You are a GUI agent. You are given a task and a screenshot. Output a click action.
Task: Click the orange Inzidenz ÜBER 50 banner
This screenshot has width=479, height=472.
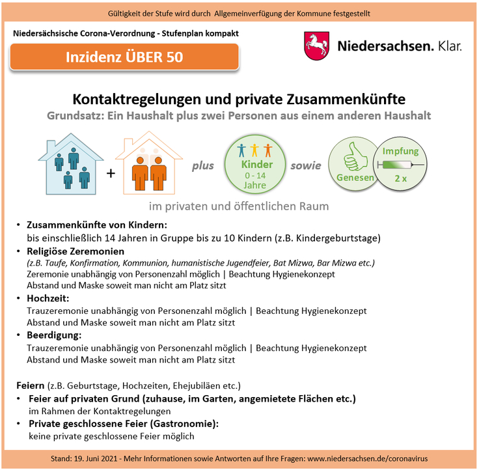pyautogui.click(x=124, y=57)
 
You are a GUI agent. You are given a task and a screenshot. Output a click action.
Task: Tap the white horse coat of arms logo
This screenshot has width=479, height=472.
pyautogui.click(x=317, y=46)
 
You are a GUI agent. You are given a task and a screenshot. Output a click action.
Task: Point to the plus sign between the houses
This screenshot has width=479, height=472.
pyautogui.click(x=110, y=173)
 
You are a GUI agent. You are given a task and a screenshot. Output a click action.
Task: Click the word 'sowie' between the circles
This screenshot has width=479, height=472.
pyautogui.click(x=305, y=165)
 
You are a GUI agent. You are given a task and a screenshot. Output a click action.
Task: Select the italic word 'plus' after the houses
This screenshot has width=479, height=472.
pyautogui.click(x=202, y=165)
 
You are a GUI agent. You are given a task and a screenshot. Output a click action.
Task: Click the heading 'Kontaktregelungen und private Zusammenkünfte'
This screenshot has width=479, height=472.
pyautogui.click(x=239, y=100)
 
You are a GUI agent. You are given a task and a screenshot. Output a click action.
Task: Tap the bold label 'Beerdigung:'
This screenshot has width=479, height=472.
pyautogui.click(x=53, y=335)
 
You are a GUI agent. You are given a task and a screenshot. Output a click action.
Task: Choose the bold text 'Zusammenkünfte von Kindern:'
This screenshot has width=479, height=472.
pyautogui.click(x=88, y=225)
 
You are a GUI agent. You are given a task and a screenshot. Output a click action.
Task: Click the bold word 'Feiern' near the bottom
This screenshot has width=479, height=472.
pyautogui.click(x=31, y=385)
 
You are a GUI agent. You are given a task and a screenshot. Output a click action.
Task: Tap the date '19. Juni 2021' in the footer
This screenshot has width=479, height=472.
pyautogui.click(x=101, y=460)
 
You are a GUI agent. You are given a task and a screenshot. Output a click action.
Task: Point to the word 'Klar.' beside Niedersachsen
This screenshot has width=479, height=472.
pyautogui.click(x=449, y=46)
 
